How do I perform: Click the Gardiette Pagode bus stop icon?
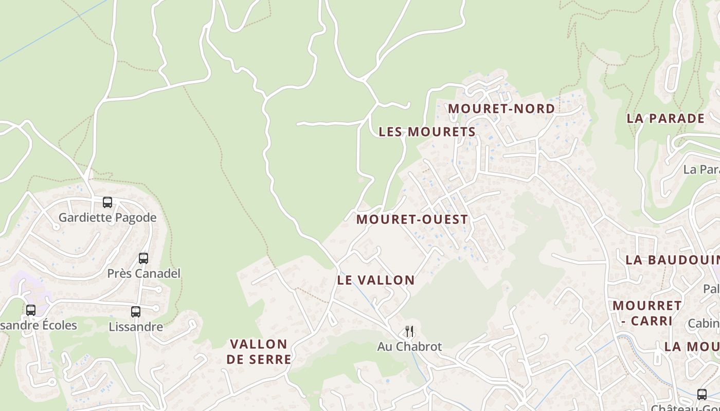(x=107, y=202)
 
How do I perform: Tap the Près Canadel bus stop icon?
(x=143, y=258)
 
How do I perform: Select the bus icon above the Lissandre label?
(x=136, y=312)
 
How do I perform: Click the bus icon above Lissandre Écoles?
(x=31, y=310)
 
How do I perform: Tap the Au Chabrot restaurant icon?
(x=409, y=331)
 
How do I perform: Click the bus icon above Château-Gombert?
(x=702, y=395)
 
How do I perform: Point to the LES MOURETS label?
(x=427, y=132)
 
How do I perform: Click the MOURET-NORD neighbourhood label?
(x=501, y=109)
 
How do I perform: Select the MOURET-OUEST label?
(x=412, y=219)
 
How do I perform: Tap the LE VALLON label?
(x=376, y=280)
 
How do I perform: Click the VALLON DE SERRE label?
(x=259, y=351)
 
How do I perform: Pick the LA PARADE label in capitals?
(x=665, y=118)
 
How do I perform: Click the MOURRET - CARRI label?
(x=647, y=313)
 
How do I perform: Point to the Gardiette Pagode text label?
(x=107, y=217)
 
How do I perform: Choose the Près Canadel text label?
(x=144, y=273)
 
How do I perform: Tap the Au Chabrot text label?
(x=409, y=347)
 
